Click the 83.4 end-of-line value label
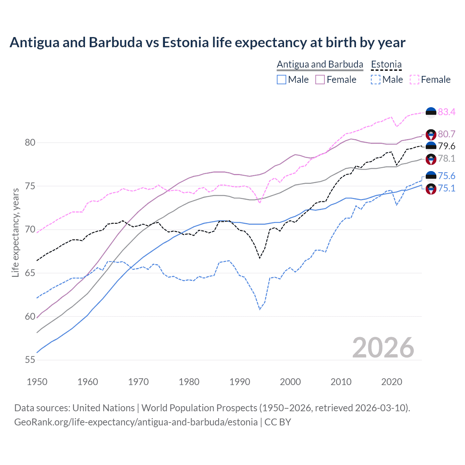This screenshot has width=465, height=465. pyautogui.click(x=446, y=112)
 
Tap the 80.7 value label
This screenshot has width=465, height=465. pyautogui.click(x=446, y=134)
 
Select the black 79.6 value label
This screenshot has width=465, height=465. pyautogui.click(x=446, y=146)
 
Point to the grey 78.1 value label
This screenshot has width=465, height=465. pyautogui.click(x=446, y=158)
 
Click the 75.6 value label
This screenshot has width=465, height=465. pyautogui.click(x=446, y=176)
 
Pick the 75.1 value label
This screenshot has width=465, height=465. pyautogui.click(x=446, y=188)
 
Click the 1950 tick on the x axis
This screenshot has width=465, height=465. pyautogui.click(x=37, y=382)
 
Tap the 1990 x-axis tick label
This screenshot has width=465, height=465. pyautogui.click(x=240, y=382)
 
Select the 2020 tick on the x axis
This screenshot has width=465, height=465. pyautogui.click(x=392, y=382)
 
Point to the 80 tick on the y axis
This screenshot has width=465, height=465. pyautogui.click(x=30, y=142)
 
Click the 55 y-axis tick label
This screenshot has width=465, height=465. pyautogui.click(x=30, y=360)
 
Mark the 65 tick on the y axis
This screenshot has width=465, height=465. pyautogui.click(x=30, y=273)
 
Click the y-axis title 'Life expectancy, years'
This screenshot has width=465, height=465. pyautogui.click(x=16, y=232)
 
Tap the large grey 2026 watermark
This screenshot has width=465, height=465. pyautogui.click(x=383, y=348)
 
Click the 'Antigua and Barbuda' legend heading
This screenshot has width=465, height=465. pyautogui.click(x=320, y=64)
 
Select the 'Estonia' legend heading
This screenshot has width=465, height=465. pyautogui.click(x=386, y=64)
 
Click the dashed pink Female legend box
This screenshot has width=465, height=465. pyautogui.click(x=414, y=80)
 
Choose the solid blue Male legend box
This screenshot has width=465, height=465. pyautogui.click(x=282, y=80)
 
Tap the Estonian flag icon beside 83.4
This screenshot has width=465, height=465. pyautogui.click(x=431, y=112)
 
